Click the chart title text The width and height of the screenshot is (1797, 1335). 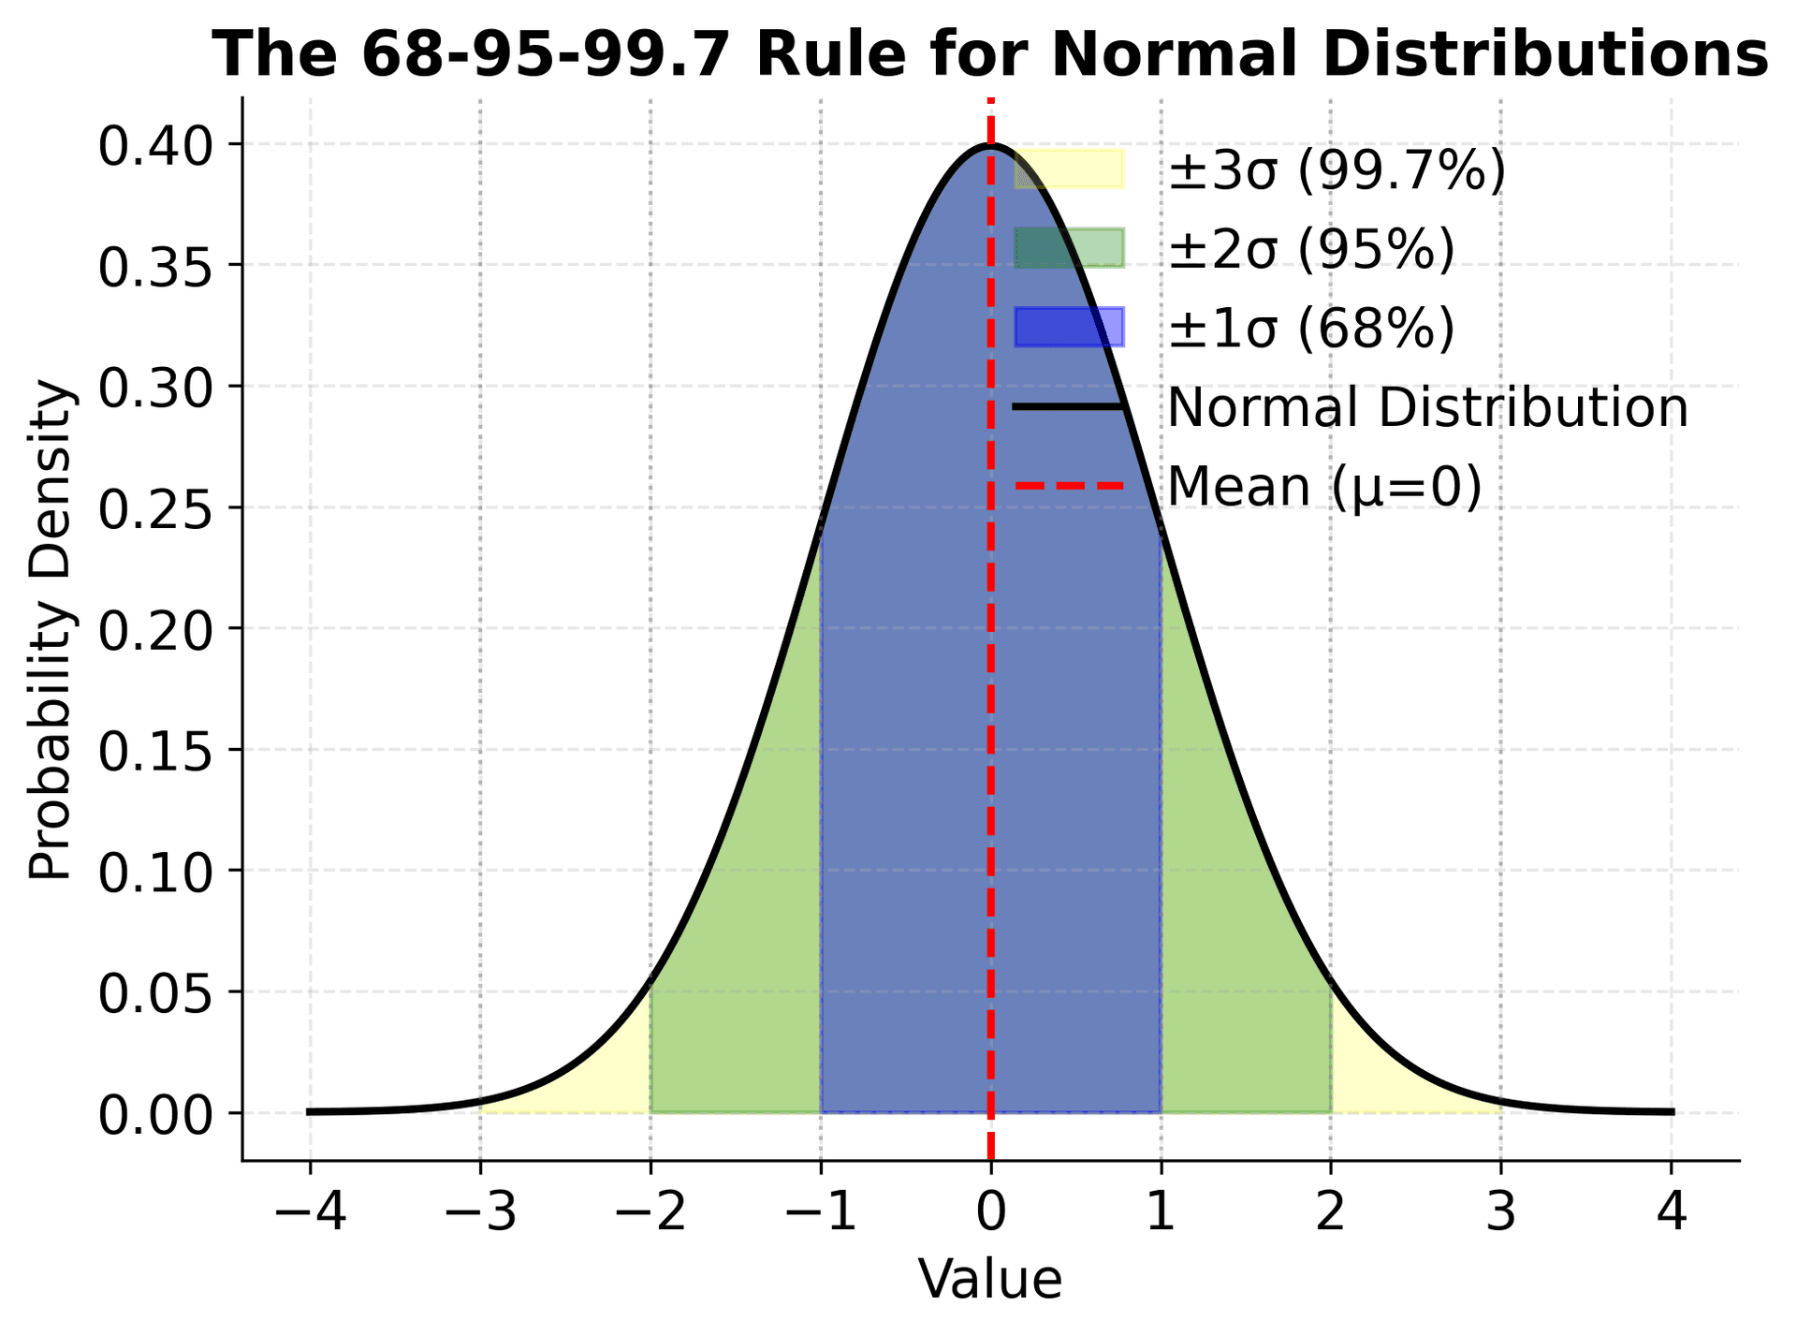990,54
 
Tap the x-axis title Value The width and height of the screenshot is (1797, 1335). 990,1279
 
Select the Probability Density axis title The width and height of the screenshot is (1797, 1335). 51,629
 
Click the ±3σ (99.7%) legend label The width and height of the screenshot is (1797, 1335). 1337,170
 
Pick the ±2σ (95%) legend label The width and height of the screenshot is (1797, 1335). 1311,249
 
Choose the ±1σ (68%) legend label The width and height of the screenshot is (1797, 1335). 1311,329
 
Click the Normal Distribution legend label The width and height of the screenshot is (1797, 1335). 1428,408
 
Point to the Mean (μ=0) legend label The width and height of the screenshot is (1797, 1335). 1325,487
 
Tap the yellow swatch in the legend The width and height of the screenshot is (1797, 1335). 1069,169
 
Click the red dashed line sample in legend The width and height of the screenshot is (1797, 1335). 1069,486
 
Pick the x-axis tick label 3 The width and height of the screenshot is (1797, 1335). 1501,1214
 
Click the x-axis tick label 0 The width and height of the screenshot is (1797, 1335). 990,1214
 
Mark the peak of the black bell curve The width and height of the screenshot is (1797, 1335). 991,145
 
